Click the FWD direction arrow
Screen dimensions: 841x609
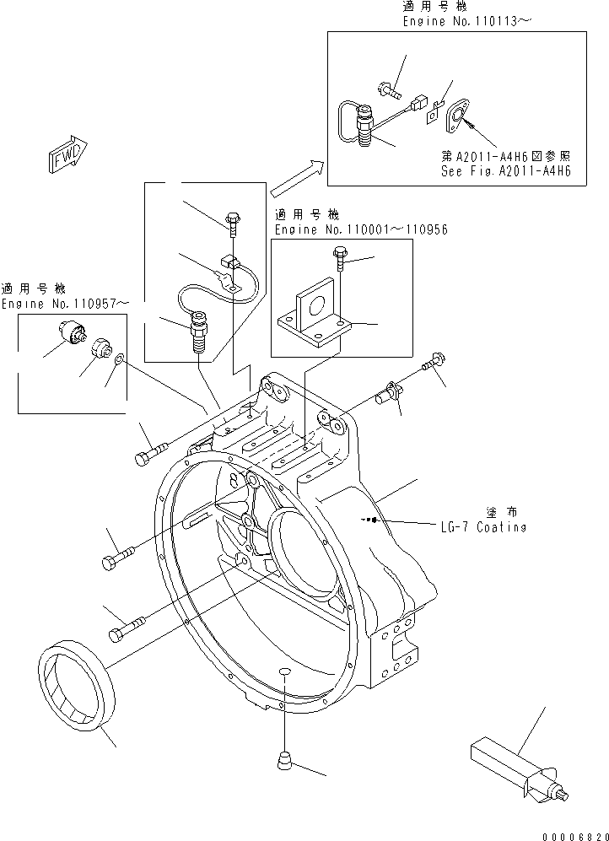click(65, 154)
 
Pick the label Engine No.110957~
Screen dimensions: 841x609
click(65, 303)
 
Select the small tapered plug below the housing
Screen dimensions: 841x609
click(284, 762)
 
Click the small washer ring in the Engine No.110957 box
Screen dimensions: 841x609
click(121, 360)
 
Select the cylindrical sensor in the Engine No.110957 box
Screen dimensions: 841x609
click(72, 333)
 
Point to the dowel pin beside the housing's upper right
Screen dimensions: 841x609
click(391, 392)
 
